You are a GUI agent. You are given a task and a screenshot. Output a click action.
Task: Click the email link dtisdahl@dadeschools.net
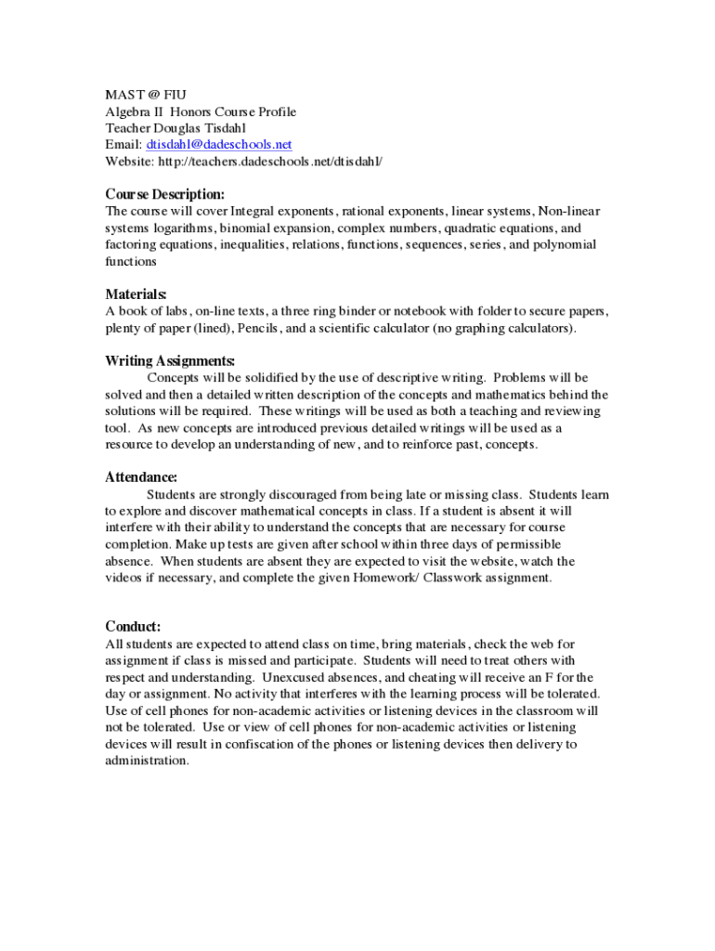point(218,145)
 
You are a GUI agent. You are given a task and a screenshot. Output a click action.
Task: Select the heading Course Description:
point(165,195)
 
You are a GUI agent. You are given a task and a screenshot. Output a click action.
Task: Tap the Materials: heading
point(136,294)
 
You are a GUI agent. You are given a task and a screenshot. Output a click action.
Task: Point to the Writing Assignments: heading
point(170,360)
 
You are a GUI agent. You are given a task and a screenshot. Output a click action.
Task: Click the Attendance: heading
point(141,477)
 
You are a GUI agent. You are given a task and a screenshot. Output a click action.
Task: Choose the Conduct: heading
point(133,627)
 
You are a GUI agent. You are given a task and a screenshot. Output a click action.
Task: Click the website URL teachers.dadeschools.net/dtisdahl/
point(270,162)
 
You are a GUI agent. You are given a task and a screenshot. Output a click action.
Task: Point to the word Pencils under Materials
point(273,329)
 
